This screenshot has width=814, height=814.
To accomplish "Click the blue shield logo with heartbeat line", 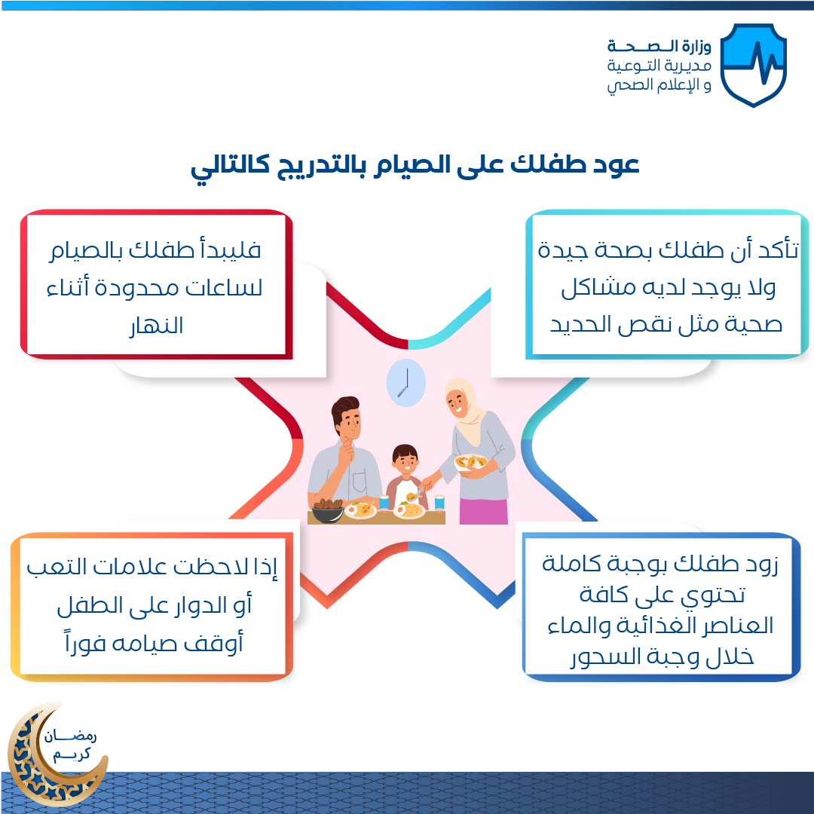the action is point(753,65).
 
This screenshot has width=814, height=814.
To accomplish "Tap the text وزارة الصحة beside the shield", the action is point(659,46).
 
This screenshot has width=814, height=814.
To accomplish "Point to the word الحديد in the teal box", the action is point(581,324).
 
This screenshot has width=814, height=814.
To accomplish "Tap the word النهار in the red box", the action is point(156,326).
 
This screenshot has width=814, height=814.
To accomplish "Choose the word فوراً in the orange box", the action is point(85,643).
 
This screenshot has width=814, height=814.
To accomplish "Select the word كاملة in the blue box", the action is point(571,563).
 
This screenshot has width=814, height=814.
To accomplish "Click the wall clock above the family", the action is point(406,383).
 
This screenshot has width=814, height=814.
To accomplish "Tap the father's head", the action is point(346,416).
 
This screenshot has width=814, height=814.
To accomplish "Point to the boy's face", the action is point(405,461).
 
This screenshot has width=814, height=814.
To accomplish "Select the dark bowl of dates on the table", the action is point(327,510).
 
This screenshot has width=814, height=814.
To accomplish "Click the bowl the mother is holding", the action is point(470,462).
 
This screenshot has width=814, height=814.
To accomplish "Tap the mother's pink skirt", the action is point(483,511).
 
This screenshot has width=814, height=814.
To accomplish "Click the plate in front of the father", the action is point(360,510).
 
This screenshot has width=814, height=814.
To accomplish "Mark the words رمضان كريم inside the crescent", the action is point(71,745).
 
